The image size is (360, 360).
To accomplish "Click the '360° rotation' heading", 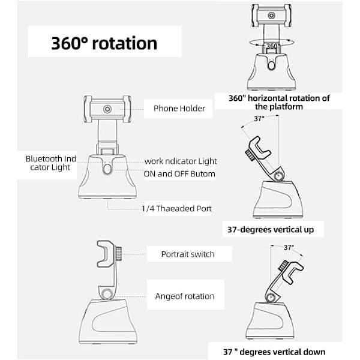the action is (x=104, y=43).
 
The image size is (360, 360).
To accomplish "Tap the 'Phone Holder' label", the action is (x=179, y=109).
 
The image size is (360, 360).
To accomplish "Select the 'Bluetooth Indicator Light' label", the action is (x=51, y=163).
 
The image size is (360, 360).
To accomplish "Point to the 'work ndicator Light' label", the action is (x=181, y=161).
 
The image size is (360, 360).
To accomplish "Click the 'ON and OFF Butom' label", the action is (x=179, y=174).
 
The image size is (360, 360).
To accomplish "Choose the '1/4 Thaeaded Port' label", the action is (x=176, y=208).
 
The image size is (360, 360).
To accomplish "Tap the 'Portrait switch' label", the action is (x=188, y=254).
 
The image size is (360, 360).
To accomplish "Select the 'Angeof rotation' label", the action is (x=185, y=296).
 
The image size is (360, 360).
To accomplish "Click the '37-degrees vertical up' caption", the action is (x=271, y=230).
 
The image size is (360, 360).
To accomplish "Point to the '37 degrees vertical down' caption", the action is (x=274, y=352).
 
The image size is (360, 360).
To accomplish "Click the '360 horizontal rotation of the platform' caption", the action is (x=279, y=102).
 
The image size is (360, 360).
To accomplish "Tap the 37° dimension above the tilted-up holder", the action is (x=259, y=118).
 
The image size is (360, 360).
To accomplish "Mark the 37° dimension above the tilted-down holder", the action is (x=289, y=247).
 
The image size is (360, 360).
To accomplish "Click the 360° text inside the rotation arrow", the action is (x=272, y=46).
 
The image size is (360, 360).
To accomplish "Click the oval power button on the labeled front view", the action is (x=107, y=169).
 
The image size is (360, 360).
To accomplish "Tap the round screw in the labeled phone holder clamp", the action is (x=107, y=109).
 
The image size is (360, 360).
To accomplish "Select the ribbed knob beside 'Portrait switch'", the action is (x=118, y=254).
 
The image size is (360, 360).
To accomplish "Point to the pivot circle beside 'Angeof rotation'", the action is (x=107, y=294).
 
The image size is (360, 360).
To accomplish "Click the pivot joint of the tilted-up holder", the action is (x=279, y=176).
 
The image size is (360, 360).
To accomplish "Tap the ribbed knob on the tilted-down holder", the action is (x=284, y=266).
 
